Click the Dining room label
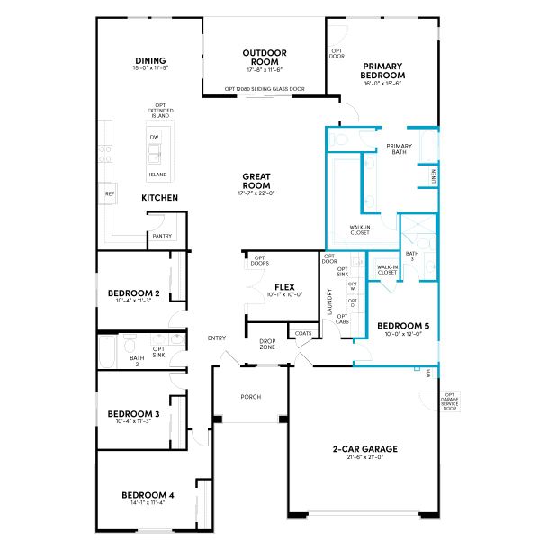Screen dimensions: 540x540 [151, 61]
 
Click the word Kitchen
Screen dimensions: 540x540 [159, 197]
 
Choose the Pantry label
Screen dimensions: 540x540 [162, 236]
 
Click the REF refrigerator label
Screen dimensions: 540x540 [110, 193]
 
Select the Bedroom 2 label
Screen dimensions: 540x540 [133, 293]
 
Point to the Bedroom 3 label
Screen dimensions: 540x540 [133, 414]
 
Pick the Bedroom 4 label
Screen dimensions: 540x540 [148, 495]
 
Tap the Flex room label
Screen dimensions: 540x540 [285, 286]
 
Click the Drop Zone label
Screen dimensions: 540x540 [267, 344]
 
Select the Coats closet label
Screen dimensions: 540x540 [301, 333]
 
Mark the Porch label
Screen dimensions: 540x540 [250, 396]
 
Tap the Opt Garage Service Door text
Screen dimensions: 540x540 [449, 400]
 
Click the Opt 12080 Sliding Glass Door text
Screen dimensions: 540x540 [264, 89]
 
